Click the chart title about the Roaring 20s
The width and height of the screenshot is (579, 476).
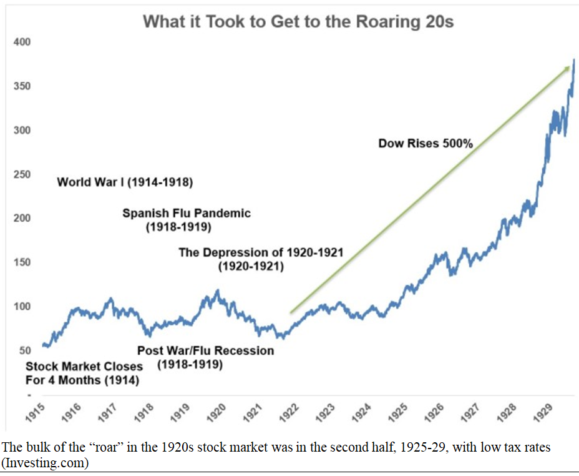point(298,22)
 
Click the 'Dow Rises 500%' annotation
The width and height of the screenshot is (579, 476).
point(426,144)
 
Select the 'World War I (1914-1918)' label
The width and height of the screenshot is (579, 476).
point(125,182)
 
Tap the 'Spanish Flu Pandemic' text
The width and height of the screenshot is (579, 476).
point(186,213)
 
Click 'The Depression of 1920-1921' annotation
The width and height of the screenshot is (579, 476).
point(260,252)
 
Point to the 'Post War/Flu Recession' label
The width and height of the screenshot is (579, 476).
point(205,350)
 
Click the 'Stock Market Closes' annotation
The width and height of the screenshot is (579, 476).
point(84,366)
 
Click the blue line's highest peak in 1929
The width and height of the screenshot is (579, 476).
point(573,60)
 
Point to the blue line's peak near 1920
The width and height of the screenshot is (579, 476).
point(217,290)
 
